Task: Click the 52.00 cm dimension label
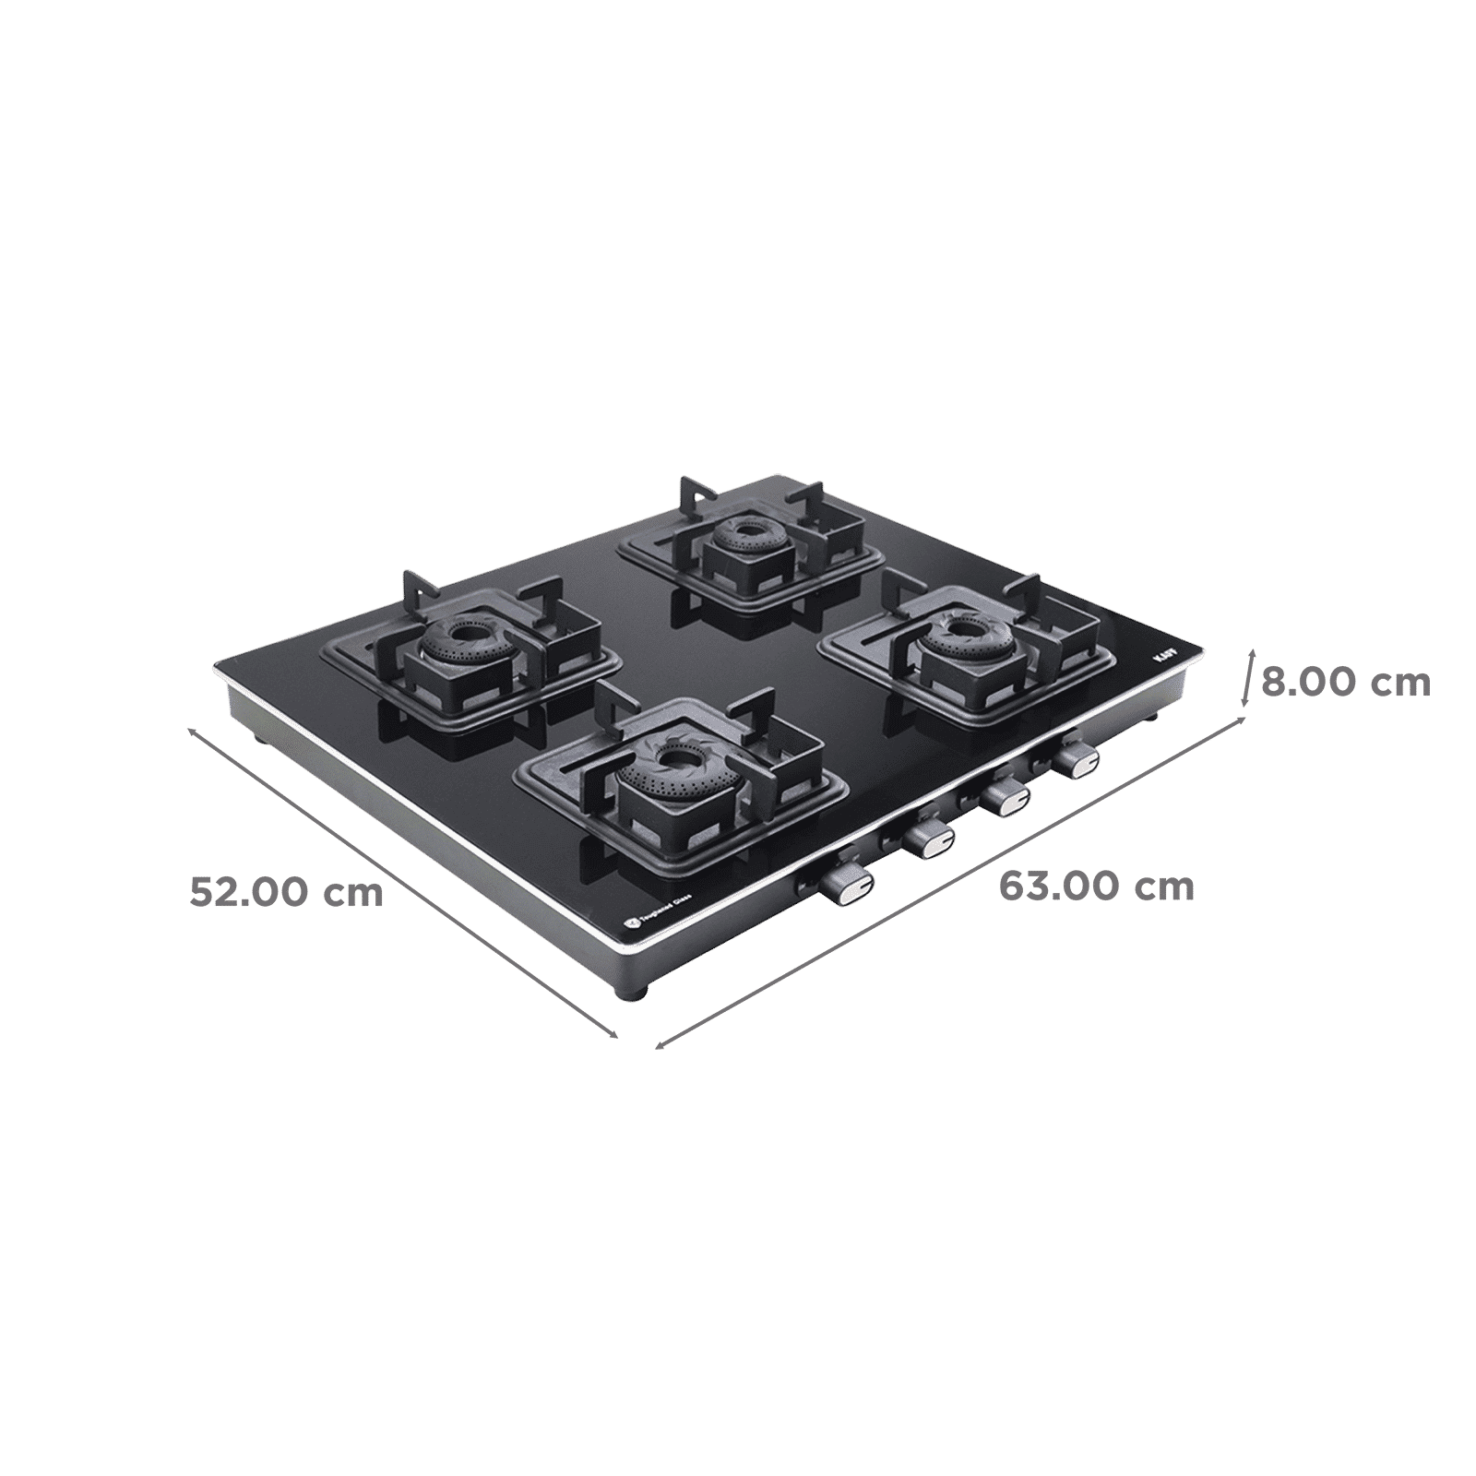(x=286, y=892)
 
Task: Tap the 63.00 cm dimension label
(x=1096, y=887)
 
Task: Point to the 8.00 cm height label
(x=1345, y=684)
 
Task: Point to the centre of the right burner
(x=962, y=630)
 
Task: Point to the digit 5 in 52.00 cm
(x=202, y=892)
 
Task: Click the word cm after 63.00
(x=1166, y=887)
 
